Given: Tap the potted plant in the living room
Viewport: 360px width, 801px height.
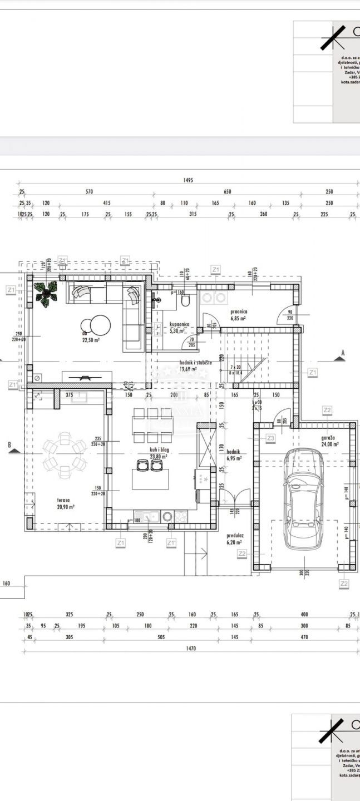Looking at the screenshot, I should point(45,293).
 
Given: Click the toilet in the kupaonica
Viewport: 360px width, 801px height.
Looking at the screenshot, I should point(186,300).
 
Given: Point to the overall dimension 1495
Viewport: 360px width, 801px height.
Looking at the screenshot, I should point(188,180).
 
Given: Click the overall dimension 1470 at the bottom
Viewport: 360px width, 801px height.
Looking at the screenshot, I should point(188,648).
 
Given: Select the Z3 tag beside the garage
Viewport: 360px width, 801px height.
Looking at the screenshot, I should point(270,438).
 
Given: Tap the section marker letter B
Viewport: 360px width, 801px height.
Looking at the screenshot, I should point(9,444).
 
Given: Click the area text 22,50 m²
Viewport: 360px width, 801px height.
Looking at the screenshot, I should point(91,340).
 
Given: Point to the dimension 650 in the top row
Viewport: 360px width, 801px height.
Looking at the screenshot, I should point(227,192).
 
